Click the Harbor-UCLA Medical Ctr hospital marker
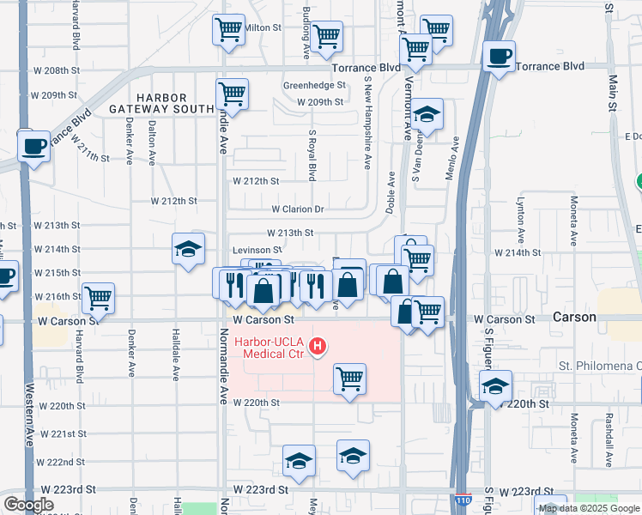pyautogui.click(x=318, y=347)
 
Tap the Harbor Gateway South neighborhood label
pyautogui.click(x=161, y=102)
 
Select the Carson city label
pyautogui.click(x=574, y=317)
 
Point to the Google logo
pyautogui.click(x=28, y=505)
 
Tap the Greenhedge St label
pyautogui.click(x=314, y=86)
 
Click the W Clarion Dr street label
pyautogui.click(x=297, y=209)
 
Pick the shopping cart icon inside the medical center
pyautogui.click(x=349, y=377)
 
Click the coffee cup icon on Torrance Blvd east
pyautogui.click(x=499, y=57)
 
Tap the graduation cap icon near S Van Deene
pyautogui.click(x=426, y=114)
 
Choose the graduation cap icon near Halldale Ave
pyautogui.click(x=188, y=249)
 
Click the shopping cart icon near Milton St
pyautogui.click(x=228, y=30)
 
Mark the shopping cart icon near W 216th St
pyautogui.click(x=99, y=298)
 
